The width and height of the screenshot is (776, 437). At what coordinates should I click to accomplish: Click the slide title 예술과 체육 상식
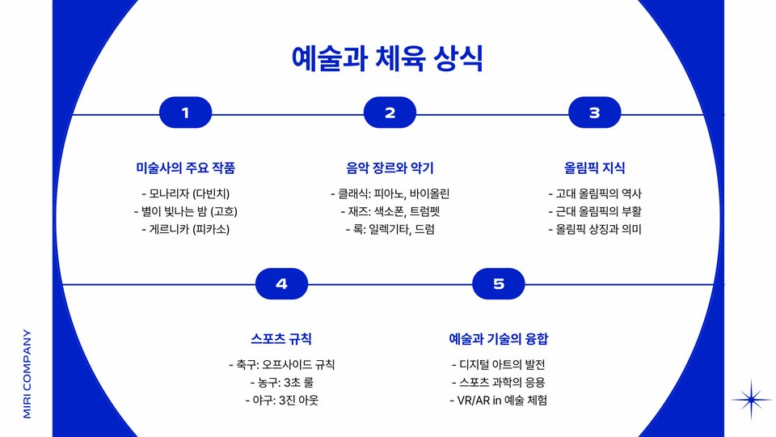pyautogui.click(x=387, y=58)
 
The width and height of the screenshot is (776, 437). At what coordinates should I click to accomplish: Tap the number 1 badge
pyautogui.click(x=186, y=113)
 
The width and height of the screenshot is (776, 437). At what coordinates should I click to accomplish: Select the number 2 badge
pyautogui.click(x=390, y=113)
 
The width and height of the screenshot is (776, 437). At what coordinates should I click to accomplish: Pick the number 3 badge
pyautogui.click(x=594, y=113)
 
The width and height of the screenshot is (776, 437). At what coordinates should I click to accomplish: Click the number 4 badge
pyautogui.click(x=281, y=283)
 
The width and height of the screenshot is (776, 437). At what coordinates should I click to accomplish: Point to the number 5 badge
pyautogui.click(x=498, y=283)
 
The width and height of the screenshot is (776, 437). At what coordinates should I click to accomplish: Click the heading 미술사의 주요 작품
pyautogui.click(x=186, y=168)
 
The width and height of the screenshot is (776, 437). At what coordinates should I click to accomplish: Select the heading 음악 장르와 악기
pyautogui.click(x=390, y=168)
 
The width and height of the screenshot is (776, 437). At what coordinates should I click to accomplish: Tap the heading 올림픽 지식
pyautogui.click(x=594, y=168)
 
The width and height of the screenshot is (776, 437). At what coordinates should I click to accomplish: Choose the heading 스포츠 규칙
pyautogui.click(x=281, y=338)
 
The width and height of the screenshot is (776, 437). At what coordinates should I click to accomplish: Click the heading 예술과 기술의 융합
pyautogui.click(x=498, y=338)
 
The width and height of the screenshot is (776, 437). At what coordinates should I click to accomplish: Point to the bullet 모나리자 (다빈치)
pyautogui.click(x=186, y=193)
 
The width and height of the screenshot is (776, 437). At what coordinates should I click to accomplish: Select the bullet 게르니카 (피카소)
pyautogui.click(x=186, y=229)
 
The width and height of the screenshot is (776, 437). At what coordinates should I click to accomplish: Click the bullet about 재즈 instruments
pyautogui.click(x=390, y=211)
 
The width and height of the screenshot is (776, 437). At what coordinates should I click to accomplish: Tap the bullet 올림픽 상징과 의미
pyautogui.click(x=594, y=229)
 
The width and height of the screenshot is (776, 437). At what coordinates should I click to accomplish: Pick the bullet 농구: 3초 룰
pyautogui.click(x=281, y=382)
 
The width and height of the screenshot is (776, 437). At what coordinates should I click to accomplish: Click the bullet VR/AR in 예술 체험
pyautogui.click(x=498, y=400)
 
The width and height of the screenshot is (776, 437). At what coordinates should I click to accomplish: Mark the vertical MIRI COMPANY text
pyautogui.click(x=27, y=373)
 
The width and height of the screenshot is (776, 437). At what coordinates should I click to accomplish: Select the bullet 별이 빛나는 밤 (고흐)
pyautogui.click(x=186, y=211)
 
